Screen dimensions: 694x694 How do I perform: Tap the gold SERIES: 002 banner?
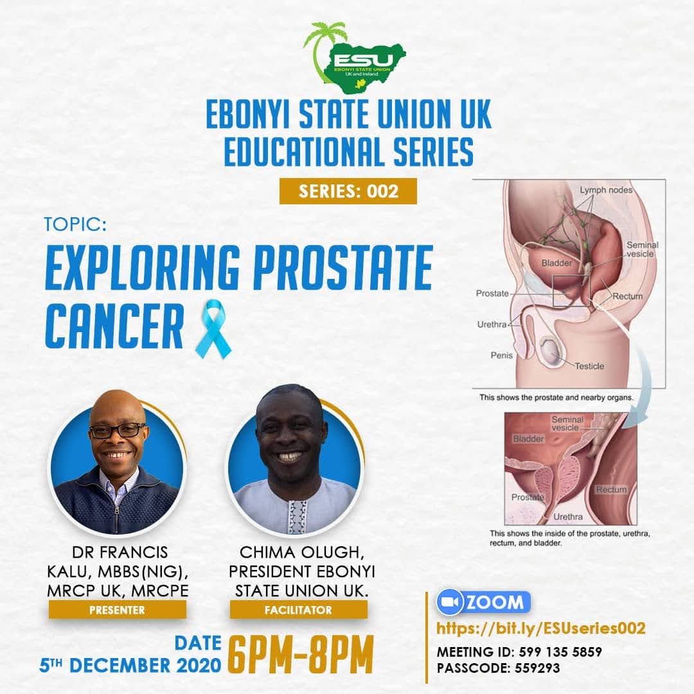tap(348, 191)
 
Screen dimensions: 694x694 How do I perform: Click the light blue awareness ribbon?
tap(213, 328)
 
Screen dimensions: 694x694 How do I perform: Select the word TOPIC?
tap(75, 224)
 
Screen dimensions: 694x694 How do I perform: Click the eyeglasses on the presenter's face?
tap(117, 430)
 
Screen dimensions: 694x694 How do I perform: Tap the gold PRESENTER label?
tap(118, 610)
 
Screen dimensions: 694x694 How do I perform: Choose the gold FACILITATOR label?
tap(298, 610)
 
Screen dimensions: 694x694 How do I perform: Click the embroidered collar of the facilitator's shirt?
tap(298, 516)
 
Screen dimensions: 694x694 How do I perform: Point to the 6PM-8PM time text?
tap(301, 655)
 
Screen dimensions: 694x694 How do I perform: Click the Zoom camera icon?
tap(450, 602)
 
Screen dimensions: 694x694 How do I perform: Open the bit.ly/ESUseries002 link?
tap(540, 628)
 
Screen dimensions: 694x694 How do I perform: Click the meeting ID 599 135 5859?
tap(560, 652)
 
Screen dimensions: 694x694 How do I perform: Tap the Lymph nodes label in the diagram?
tap(606, 190)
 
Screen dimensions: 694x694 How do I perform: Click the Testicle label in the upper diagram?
tap(589, 366)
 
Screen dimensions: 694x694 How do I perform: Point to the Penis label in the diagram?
tap(501, 355)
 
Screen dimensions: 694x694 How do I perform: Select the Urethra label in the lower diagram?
tap(568, 517)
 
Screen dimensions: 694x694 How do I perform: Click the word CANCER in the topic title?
tap(114, 326)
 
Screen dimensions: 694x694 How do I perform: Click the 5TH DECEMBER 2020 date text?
tap(130, 665)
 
